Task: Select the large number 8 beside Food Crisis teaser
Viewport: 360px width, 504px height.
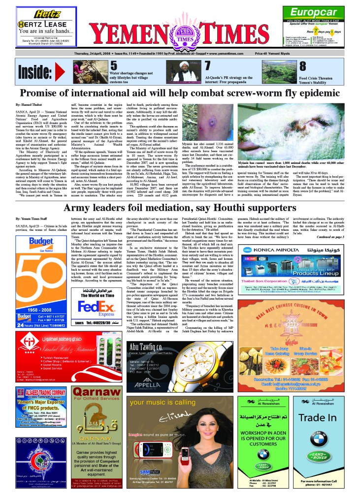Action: tap(303, 67)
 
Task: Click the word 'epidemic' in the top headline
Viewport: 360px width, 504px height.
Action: tap(312, 94)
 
